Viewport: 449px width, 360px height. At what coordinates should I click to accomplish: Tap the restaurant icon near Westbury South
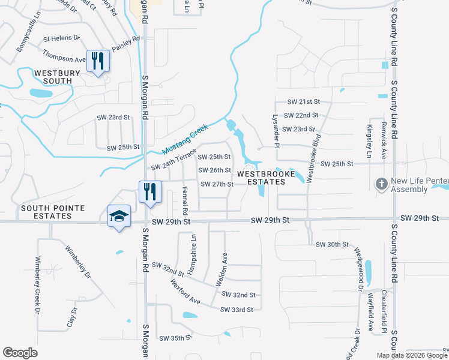pyautogui.click(x=98, y=60)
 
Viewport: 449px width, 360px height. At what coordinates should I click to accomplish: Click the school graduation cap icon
pyautogui.click(x=119, y=216)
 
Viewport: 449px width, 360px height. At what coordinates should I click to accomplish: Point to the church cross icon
pyautogui.click(x=381, y=184)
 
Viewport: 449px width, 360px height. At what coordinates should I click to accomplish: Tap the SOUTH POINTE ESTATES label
pyautogui.click(x=53, y=212)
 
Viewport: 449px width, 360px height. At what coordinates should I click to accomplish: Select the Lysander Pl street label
pyautogui.click(x=276, y=131)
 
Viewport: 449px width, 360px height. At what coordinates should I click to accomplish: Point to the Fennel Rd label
pyautogui.click(x=185, y=201)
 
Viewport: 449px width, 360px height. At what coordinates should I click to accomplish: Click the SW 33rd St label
pyautogui.click(x=237, y=310)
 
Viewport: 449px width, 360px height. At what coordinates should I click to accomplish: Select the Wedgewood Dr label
pyautogui.click(x=359, y=269)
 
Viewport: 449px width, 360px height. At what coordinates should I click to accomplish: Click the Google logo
pyautogui.click(x=20, y=352)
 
